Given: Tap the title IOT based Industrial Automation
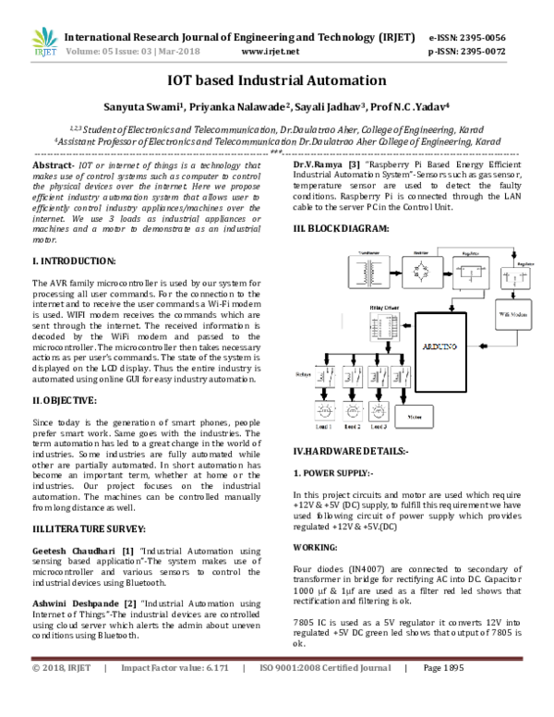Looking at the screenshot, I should tap(276, 80).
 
